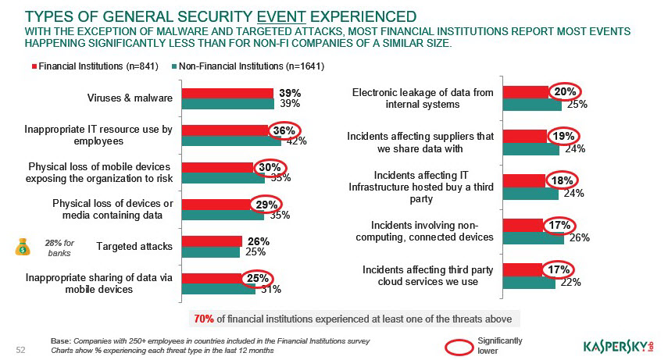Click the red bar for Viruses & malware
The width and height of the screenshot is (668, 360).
227,93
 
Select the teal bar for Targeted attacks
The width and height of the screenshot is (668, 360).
210,252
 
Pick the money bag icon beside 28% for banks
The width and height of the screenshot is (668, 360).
22,247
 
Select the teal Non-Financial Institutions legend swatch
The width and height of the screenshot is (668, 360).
174,66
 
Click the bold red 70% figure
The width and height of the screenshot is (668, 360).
204,319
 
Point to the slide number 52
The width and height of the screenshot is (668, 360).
22,349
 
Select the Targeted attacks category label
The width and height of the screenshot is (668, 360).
134,247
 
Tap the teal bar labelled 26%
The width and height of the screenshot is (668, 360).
533,237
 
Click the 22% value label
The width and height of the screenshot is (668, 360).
570,283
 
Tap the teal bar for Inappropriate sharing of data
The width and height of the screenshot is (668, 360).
218,289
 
